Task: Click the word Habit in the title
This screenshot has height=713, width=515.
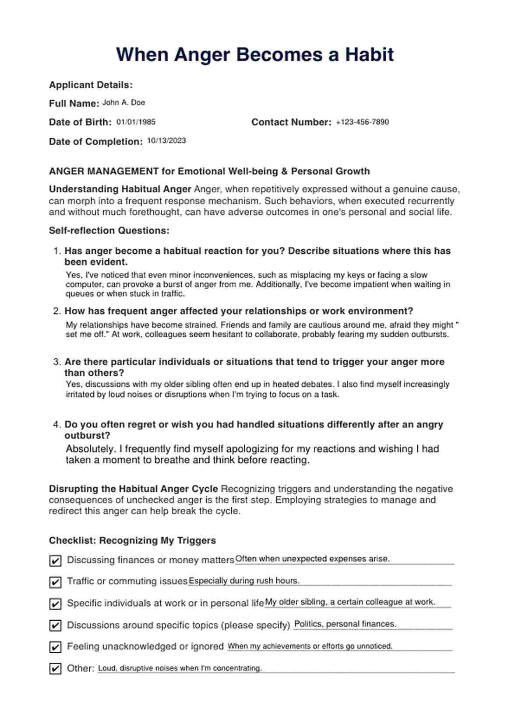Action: pos(369,55)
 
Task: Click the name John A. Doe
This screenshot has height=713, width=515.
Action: pos(123,103)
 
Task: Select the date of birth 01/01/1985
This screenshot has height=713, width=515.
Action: pos(136,122)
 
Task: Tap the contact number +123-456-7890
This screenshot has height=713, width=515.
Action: pos(362,122)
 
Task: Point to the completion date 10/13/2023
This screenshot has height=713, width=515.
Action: pos(166,141)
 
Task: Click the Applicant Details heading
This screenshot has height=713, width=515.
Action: pos(91,85)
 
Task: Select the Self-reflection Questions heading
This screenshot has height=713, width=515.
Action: pos(109,231)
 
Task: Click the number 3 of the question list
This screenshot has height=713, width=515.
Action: pos(56,362)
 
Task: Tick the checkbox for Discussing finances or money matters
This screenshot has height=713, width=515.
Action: pos(55,561)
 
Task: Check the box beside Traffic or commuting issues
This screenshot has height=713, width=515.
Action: pos(55,582)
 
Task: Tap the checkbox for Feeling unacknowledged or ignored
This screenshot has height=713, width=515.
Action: pos(55,647)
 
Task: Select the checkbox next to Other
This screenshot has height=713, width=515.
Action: pos(55,669)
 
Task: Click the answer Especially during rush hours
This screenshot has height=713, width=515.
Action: pos(244,581)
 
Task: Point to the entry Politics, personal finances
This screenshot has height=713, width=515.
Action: pos(345,624)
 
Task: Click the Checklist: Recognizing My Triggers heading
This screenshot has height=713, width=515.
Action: pos(132,541)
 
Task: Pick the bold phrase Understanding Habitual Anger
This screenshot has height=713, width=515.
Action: pos(120,189)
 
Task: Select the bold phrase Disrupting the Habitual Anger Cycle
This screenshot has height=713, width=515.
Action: pos(133,489)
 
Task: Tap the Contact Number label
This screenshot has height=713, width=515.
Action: pos(291,122)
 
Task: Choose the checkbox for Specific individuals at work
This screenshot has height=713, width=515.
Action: pos(55,604)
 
